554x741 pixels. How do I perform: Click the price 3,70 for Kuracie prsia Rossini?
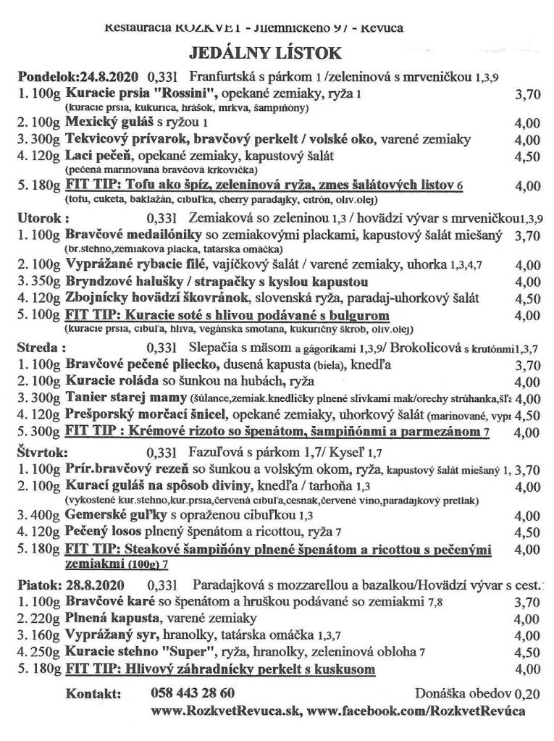click(x=526, y=93)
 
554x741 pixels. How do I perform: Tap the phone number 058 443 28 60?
click(x=193, y=692)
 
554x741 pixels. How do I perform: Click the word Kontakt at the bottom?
click(x=91, y=693)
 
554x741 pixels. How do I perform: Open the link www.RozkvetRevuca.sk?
click(x=225, y=711)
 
